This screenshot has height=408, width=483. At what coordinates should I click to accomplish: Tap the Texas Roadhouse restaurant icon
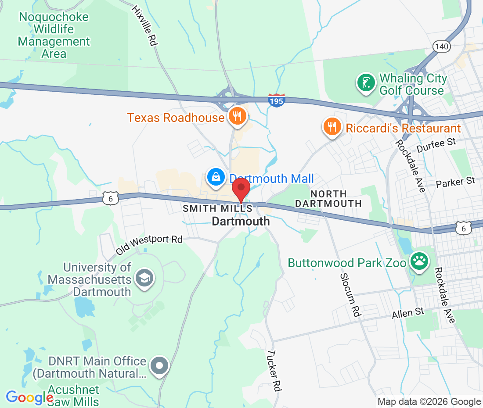click(x=237, y=116)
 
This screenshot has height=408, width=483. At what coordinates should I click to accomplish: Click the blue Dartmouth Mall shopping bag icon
click(x=216, y=177)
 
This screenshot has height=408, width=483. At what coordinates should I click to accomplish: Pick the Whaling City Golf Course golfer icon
click(x=366, y=83)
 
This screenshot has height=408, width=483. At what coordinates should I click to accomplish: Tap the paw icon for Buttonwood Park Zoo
click(x=419, y=261)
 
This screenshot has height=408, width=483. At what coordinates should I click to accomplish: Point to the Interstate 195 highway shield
click(x=277, y=100)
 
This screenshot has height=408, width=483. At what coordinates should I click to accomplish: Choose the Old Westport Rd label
click(x=149, y=245)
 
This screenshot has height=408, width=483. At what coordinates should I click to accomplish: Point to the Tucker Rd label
click(x=274, y=370)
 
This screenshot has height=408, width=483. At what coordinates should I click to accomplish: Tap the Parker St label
click(x=456, y=181)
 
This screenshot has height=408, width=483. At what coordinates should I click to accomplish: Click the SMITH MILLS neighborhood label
click(x=217, y=209)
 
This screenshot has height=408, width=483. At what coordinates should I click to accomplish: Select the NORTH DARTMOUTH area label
click(x=328, y=199)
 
